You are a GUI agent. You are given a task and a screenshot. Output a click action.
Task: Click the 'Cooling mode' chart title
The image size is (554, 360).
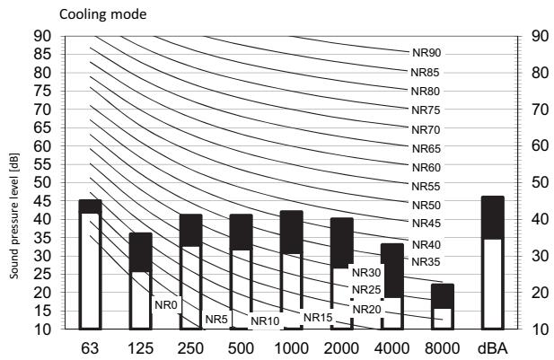(x=103, y=14)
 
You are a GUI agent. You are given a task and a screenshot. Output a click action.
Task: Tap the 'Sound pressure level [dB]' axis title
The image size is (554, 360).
(x=14, y=215)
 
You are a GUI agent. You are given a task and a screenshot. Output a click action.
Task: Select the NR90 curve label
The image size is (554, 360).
(x=426, y=53)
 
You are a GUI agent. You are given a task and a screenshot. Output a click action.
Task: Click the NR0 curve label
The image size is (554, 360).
(x=166, y=305)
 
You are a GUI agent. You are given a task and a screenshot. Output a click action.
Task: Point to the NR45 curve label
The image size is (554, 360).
(x=426, y=224)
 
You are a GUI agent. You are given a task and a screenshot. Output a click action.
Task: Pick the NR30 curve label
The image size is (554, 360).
(x=366, y=273)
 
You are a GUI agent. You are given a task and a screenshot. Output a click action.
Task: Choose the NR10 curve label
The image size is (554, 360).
(x=265, y=321)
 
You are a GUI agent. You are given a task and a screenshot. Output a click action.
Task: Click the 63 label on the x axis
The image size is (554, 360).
(x=90, y=348)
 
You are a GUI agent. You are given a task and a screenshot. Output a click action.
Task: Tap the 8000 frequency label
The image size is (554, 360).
(x=443, y=348)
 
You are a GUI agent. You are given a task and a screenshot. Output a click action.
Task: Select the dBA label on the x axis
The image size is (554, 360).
(x=493, y=348)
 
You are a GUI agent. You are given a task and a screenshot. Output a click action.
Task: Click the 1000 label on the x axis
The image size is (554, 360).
(x=292, y=348)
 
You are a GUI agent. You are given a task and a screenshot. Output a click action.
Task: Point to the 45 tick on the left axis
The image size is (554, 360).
(x=42, y=201)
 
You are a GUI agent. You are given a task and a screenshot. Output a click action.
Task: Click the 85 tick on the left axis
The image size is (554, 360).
(x=42, y=55)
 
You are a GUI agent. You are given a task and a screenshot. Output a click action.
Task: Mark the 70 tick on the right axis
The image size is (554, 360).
(x=541, y=110)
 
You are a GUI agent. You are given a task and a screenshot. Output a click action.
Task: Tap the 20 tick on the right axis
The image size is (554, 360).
(x=541, y=293)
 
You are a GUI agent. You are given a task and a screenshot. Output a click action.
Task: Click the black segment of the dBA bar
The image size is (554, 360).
(x=493, y=217)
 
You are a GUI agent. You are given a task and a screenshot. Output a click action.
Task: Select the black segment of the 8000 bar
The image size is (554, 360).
(x=443, y=296)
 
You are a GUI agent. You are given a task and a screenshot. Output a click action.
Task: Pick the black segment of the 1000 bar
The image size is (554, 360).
(x=292, y=233)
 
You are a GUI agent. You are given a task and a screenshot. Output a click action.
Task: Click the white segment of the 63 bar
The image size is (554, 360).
(x=90, y=271)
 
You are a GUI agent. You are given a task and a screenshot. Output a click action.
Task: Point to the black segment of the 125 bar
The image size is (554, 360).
(x=141, y=252)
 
